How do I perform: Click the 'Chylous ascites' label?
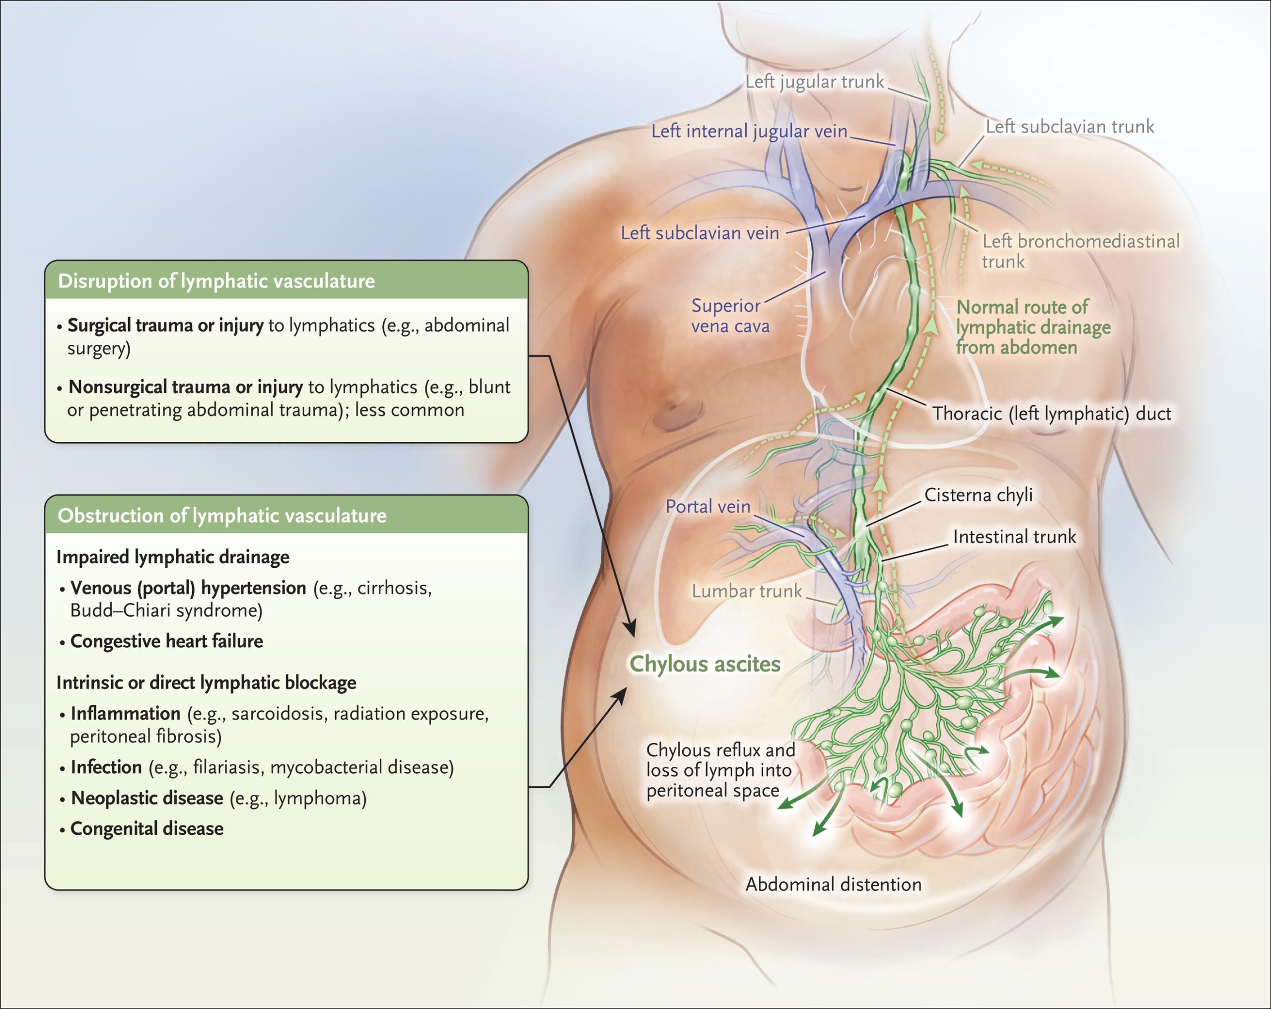pyautogui.click(x=705, y=664)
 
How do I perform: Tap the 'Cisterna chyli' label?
pyautogui.click(x=978, y=495)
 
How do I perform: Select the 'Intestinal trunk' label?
pyautogui.click(x=1014, y=537)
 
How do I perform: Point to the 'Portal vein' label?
pyautogui.click(x=707, y=506)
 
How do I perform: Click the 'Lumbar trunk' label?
pyautogui.click(x=746, y=591)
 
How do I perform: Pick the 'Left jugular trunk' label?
pyautogui.click(x=814, y=81)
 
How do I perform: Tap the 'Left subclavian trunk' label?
pyautogui.click(x=1069, y=127)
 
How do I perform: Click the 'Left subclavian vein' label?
pyautogui.click(x=700, y=233)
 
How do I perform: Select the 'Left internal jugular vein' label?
pyautogui.click(x=749, y=131)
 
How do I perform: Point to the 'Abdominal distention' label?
pyautogui.click(x=833, y=884)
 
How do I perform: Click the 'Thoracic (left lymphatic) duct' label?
pyautogui.click(x=1051, y=414)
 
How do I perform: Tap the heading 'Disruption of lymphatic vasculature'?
pyautogui.click(x=216, y=281)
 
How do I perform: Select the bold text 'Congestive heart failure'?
pyautogui.click(x=166, y=641)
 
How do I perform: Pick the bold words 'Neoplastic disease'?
pyautogui.click(x=147, y=798)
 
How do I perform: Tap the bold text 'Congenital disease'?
pyautogui.click(x=147, y=829)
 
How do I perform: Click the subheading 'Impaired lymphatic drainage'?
pyautogui.click(x=173, y=557)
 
